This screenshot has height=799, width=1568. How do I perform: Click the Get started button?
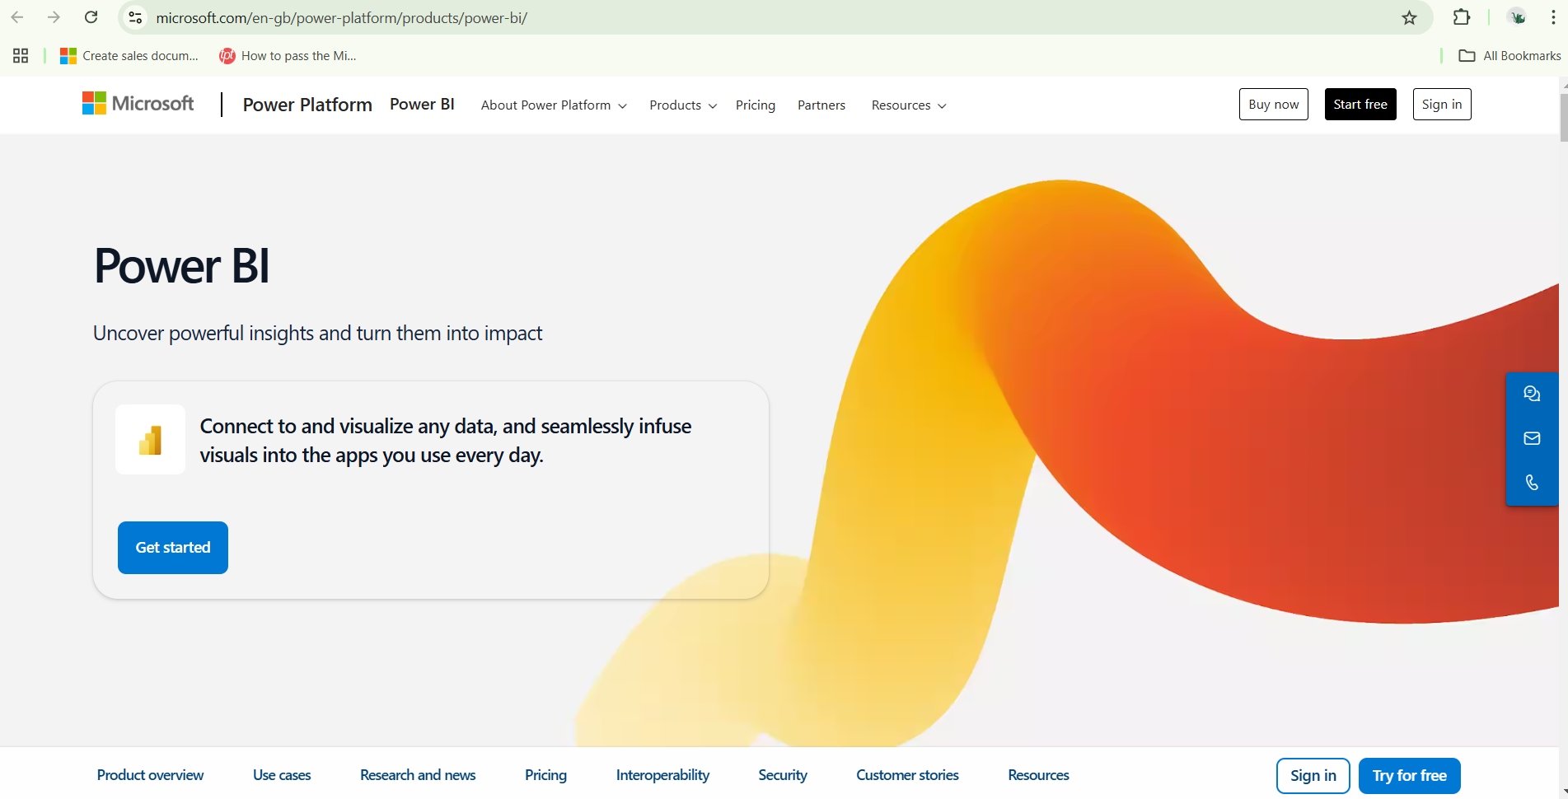coord(173,548)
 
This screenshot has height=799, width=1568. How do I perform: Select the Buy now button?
coord(1274,105)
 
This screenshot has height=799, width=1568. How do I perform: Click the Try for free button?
coord(1409,776)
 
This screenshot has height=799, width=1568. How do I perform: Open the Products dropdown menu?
coord(683,105)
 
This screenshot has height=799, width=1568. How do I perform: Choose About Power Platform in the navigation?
coord(554,105)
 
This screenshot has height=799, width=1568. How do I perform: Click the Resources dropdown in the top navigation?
coord(909,105)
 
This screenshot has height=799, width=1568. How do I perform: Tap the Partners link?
coord(821,105)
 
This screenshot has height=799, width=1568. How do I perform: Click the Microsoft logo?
coord(138,104)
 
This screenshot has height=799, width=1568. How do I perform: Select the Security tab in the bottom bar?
coord(783,775)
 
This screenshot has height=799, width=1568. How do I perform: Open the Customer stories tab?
coord(907,775)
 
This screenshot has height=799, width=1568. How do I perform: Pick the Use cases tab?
coord(282,775)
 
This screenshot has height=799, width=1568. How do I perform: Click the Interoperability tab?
coord(662,775)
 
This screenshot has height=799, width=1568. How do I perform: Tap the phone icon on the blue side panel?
coord(1532,483)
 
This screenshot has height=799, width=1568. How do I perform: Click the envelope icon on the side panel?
coord(1532,438)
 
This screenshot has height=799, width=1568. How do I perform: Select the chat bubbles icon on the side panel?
coord(1532,394)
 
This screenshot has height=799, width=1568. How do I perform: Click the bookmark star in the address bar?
coord(1410,17)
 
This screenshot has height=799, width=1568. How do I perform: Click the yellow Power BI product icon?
coord(150,440)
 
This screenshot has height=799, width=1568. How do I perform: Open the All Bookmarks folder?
coord(1509,56)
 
